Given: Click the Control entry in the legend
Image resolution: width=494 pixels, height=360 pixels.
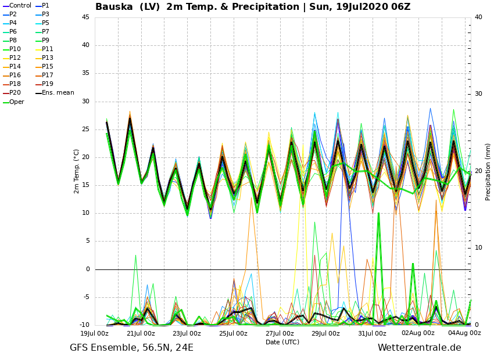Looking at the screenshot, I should click(x=20, y=6).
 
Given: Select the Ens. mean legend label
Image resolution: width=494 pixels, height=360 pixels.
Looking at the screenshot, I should click(x=58, y=93).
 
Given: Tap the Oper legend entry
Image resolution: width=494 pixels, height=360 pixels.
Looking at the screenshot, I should click(x=17, y=102).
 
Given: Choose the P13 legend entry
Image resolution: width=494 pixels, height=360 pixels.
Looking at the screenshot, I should click(x=48, y=58).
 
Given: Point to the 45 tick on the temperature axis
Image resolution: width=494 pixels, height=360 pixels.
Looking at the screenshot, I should click(x=85, y=17).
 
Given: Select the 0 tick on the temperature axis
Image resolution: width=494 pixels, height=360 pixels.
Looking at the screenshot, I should click(x=87, y=269).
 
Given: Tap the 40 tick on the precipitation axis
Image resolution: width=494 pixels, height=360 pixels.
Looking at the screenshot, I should click(x=478, y=17).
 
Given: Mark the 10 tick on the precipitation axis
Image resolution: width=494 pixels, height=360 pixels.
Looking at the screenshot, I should click(x=478, y=248).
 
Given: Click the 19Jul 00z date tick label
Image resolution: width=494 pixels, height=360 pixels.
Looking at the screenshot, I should click(x=94, y=333).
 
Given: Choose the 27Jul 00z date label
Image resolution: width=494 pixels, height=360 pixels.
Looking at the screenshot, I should click(x=280, y=333).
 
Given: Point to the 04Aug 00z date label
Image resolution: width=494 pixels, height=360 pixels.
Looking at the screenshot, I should click(x=464, y=333).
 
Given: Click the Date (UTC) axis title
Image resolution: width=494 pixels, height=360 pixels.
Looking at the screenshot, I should click(x=282, y=343).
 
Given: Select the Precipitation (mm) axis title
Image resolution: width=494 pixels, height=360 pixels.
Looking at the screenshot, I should click(x=488, y=171).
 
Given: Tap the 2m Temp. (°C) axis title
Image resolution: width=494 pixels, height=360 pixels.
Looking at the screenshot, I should click(x=77, y=171).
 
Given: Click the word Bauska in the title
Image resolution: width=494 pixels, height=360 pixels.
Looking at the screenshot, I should click(x=114, y=7).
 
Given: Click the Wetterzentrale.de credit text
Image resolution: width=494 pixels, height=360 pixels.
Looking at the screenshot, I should click(x=419, y=348).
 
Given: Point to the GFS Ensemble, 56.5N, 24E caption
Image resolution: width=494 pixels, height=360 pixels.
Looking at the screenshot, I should click(x=131, y=348).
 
